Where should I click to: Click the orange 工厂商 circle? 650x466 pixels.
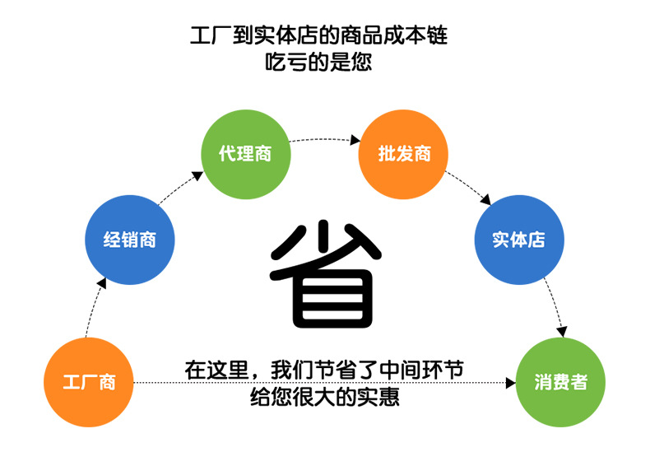pyautogui.click(x=88, y=383)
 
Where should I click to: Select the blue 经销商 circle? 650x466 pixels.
pyautogui.click(x=130, y=240)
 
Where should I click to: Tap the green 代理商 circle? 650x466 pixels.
pyautogui.click(x=246, y=154)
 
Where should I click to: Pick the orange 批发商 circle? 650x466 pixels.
pyautogui.click(x=403, y=154)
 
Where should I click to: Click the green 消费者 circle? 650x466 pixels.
pyautogui.click(x=560, y=383)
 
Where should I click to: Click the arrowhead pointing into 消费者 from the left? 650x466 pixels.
pyautogui.click(x=510, y=383)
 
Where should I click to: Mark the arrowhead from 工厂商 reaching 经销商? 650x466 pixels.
pyautogui.click(x=101, y=282)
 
